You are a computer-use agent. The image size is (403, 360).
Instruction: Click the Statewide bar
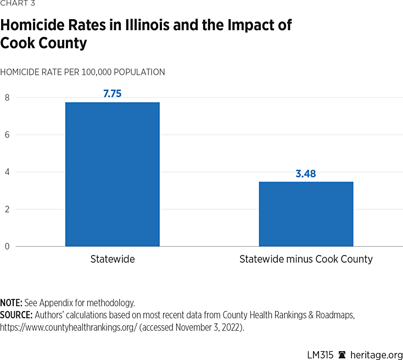tap(112, 174)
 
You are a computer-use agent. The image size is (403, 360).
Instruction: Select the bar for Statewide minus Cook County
tap(306, 214)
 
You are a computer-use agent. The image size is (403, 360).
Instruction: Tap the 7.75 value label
tap(112, 93)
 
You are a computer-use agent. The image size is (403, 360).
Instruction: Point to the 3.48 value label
tap(306, 174)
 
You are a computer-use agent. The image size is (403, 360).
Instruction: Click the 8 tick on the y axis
tap(7, 98)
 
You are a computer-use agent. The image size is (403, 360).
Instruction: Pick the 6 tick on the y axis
tap(7, 135)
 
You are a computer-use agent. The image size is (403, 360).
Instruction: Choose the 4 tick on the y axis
tap(7, 172)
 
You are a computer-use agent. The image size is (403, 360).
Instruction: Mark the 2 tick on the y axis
tap(7, 209)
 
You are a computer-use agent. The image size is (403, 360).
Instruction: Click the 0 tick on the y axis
tap(7, 246)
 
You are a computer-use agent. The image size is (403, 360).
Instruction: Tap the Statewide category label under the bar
tap(112, 259)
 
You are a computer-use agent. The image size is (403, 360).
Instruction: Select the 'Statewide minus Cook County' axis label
tap(306, 259)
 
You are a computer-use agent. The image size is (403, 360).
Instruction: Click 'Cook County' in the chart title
tap(43, 43)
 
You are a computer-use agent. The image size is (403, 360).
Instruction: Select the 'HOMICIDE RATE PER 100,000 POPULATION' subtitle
tap(82, 72)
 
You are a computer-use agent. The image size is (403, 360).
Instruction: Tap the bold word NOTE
tap(11, 303)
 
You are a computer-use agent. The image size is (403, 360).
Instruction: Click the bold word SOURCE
tap(16, 315)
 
